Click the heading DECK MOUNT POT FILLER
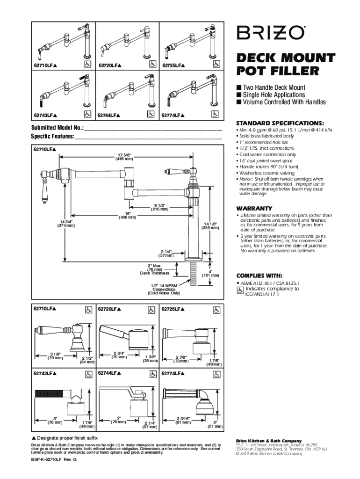285,64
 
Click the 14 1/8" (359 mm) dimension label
209,226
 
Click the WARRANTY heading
254,208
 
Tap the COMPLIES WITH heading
259,276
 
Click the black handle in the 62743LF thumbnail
41,102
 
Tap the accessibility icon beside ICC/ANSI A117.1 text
240,290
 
